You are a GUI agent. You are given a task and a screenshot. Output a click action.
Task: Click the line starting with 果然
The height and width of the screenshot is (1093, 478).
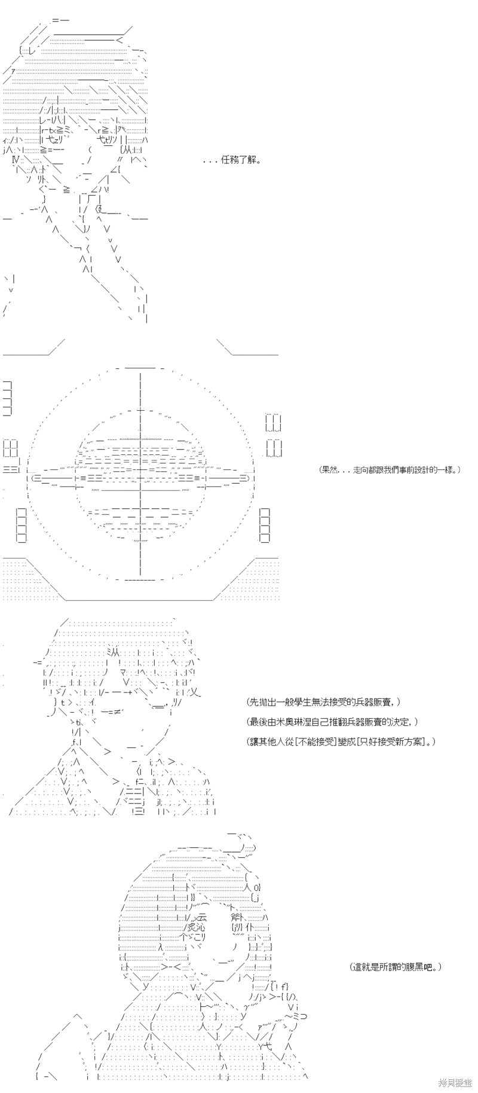390,469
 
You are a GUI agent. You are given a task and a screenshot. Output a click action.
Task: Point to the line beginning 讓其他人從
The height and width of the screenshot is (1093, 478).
341,741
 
